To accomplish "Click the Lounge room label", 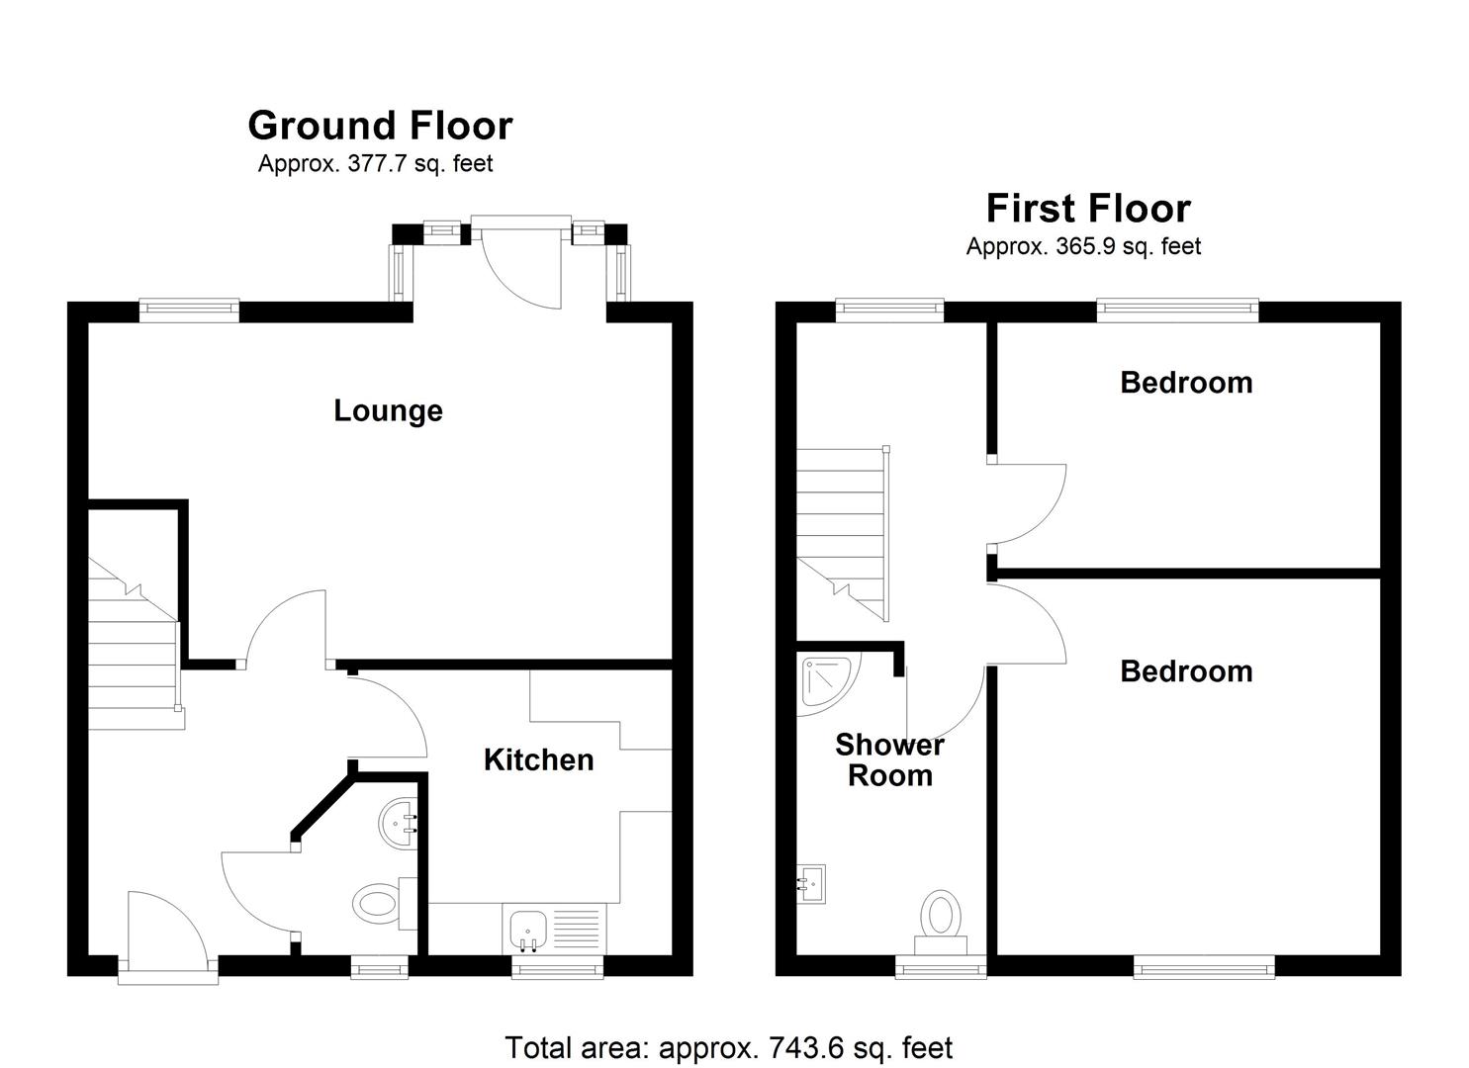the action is click(x=388, y=411).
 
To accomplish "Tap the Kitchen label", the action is click(x=538, y=759).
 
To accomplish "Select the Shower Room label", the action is click(x=889, y=759).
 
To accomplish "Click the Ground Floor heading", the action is click(x=381, y=126).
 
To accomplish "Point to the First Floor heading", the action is click(x=1088, y=209).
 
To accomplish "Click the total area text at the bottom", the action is click(x=729, y=1047).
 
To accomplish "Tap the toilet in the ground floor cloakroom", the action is click(x=384, y=904).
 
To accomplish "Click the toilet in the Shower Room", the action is click(x=941, y=922).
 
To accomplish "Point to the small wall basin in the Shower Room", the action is click(x=810, y=884).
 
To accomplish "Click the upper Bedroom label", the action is click(x=1186, y=383).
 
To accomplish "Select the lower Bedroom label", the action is click(x=1186, y=672).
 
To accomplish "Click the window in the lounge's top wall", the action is click(x=190, y=311).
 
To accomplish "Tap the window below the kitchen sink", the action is click(x=558, y=967).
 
